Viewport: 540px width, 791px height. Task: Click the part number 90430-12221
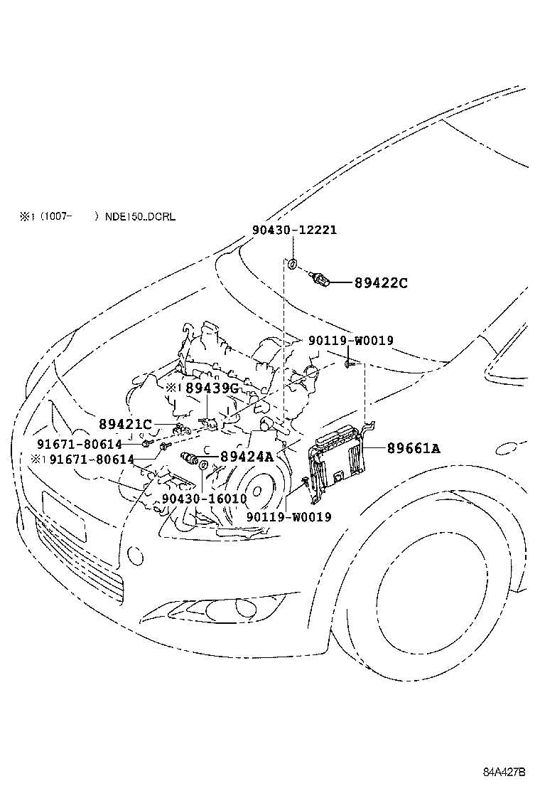tap(294, 230)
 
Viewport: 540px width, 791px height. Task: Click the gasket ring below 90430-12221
tap(292, 265)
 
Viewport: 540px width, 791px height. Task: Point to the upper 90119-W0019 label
tap(350, 341)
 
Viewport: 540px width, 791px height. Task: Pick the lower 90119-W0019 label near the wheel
tap(288, 517)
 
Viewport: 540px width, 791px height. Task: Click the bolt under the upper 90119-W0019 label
tap(350, 364)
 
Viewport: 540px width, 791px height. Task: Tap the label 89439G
tap(212, 388)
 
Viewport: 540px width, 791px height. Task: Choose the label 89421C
tap(125, 425)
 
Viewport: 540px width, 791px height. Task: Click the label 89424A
tap(247, 457)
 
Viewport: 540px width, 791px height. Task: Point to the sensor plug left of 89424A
tap(191, 456)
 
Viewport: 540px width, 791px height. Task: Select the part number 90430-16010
tap(204, 499)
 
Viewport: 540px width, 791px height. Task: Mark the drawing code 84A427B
tap(504, 772)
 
